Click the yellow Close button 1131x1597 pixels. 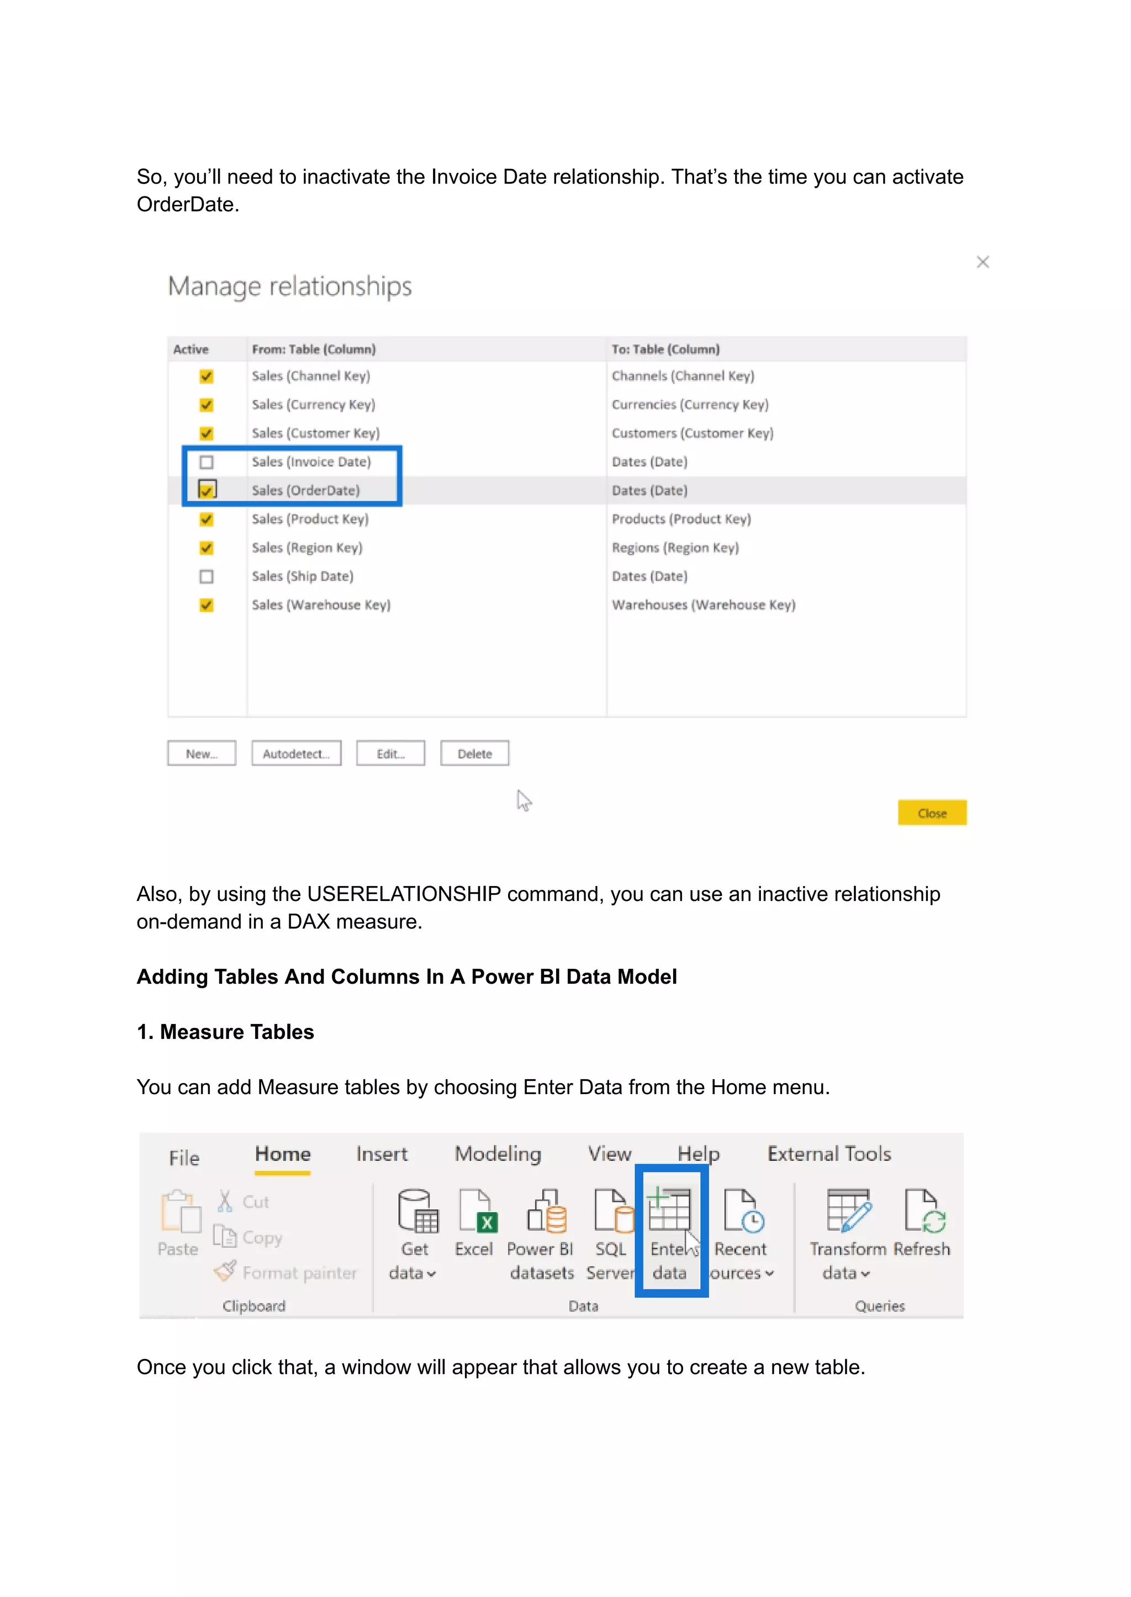pyautogui.click(x=931, y=813)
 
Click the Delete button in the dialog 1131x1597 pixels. pyautogui.click(x=474, y=754)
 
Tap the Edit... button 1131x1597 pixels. pyautogui.click(x=390, y=754)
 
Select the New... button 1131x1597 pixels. pyautogui.click(x=201, y=754)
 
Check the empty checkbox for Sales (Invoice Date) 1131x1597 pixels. pyautogui.click(x=206, y=462)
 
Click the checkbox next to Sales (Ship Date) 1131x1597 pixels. pyautogui.click(x=206, y=576)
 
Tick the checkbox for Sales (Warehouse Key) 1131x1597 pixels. pyautogui.click(x=206, y=605)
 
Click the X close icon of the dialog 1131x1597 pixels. pyautogui.click(x=982, y=262)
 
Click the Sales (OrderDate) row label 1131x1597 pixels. pyautogui.click(x=306, y=491)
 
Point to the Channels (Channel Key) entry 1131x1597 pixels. pyautogui.click(x=683, y=376)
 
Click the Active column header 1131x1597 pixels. pyautogui.click(x=191, y=349)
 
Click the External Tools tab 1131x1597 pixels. pyautogui.click(x=829, y=1154)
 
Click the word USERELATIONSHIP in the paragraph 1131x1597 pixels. pyautogui.click(x=404, y=894)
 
